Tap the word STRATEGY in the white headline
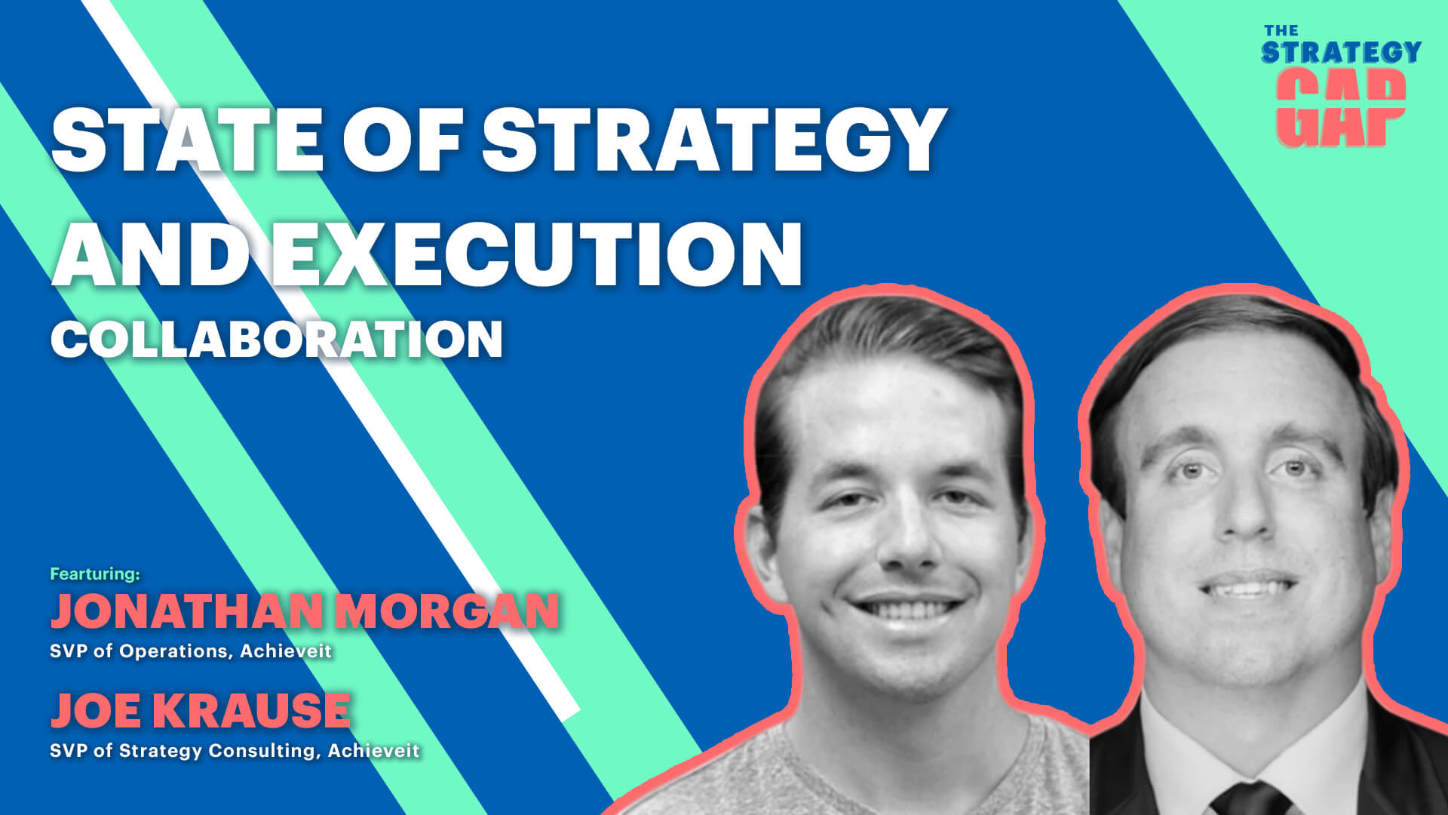pyautogui.click(x=713, y=140)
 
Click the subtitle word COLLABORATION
pyautogui.click(x=276, y=339)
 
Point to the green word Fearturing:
pyautogui.click(x=95, y=574)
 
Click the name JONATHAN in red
pyautogui.click(x=186, y=610)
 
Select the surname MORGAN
pyautogui.click(x=447, y=610)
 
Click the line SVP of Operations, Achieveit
pyautogui.click(x=191, y=650)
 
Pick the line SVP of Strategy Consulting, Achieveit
pyautogui.click(x=235, y=751)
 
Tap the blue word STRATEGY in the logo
pyautogui.click(x=1341, y=52)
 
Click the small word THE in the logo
pyautogui.click(x=1281, y=31)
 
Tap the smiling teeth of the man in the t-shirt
pyautogui.click(x=907, y=607)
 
